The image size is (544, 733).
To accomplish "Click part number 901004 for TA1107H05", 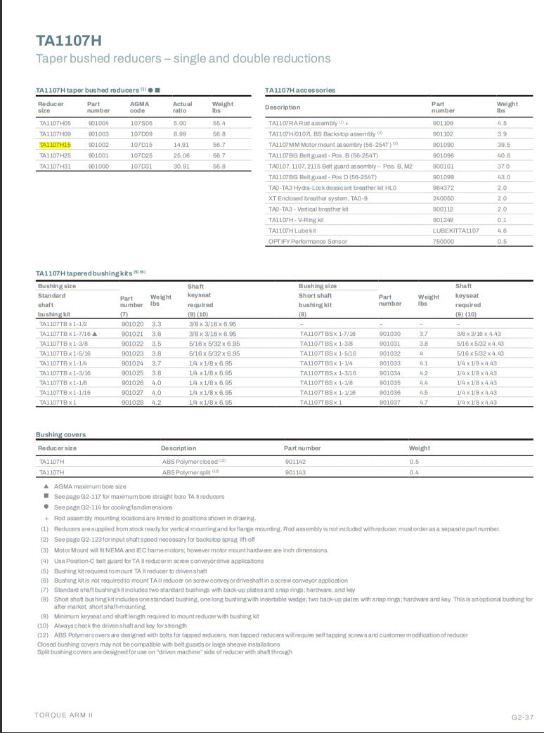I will click(98, 123).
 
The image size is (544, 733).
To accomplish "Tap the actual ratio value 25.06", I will click(181, 155).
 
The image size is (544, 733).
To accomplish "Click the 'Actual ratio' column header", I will click(182, 107).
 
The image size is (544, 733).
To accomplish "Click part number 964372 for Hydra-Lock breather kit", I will click(443, 188).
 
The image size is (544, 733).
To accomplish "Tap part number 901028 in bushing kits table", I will click(132, 403).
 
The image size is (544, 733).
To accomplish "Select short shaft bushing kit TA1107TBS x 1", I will click(321, 403).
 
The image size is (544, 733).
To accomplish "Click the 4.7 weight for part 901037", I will click(424, 403).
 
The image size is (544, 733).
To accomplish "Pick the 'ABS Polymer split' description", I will click(190, 472).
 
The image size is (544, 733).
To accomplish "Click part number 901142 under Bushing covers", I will click(295, 462).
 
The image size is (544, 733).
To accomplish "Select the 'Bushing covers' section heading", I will click(60, 434).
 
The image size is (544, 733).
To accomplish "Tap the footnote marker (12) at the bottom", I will click(44, 635).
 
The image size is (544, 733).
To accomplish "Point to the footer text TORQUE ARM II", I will click(63, 715).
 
